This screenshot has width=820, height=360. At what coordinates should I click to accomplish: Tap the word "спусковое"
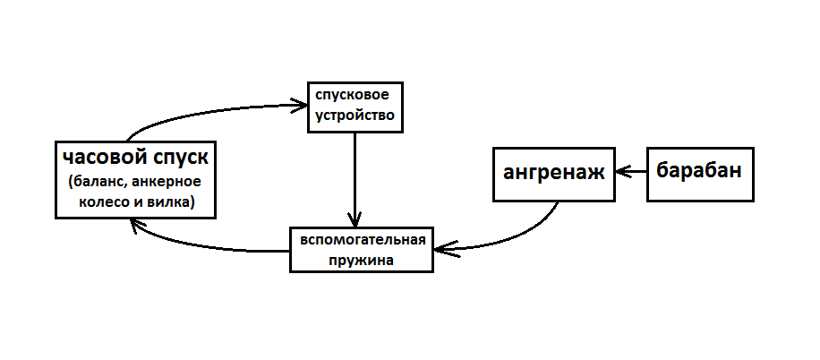(x=353, y=94)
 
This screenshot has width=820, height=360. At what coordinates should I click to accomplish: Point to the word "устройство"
(x=353, y=116)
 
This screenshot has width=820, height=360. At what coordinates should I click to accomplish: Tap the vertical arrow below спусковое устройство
(x=356, y=179)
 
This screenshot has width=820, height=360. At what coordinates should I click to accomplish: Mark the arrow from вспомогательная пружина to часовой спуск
(x=206, y=246)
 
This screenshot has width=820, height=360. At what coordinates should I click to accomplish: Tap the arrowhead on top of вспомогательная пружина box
(x=356, y=220)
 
